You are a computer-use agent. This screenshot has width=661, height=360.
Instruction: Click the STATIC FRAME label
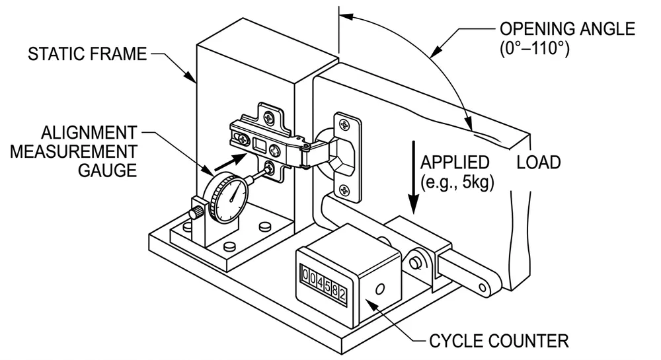[x=87, y=54]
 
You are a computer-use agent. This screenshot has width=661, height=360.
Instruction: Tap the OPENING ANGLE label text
[x=567, y=29]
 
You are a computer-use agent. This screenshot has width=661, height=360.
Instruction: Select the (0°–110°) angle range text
[x=539, y=48]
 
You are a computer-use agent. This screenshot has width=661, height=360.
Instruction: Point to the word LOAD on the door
[x=538, y=162]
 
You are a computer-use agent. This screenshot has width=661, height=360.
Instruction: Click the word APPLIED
[x=455, y=162]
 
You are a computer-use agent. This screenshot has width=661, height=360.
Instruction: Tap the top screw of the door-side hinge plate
[x=344, y=124]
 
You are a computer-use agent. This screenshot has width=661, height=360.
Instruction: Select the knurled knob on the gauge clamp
[x=196, y=213]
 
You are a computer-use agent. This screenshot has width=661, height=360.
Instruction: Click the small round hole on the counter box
[x=379, y=289]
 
